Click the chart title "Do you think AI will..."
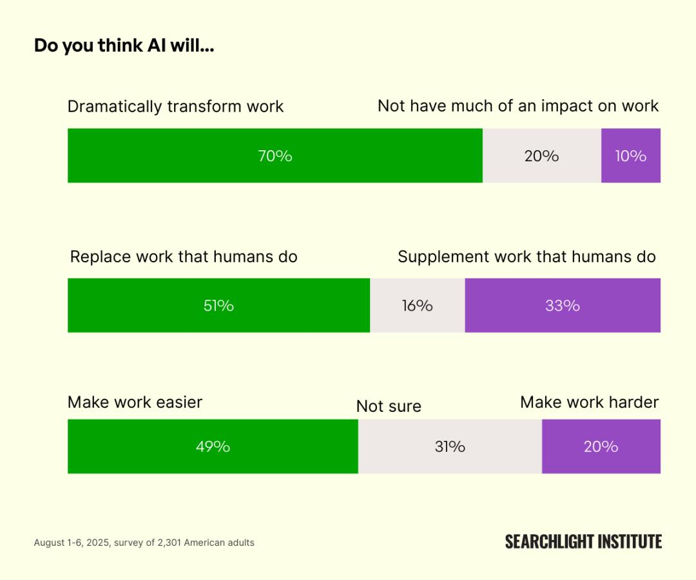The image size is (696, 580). click(124, 46)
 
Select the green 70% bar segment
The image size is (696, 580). click(275, 155)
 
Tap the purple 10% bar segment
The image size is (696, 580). click(630, 155)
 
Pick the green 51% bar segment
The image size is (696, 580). click(218, 305)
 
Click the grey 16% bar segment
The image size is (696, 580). click(417, 305)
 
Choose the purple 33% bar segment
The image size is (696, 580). click(562, 305)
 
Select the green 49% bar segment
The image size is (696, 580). click(213, 447)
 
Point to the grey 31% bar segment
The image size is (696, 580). click(449, 447)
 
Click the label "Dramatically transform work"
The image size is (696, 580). click(175, 106)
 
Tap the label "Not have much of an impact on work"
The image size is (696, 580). click(518, 106)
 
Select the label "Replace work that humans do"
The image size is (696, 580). click(184, 256)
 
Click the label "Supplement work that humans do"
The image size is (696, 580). click(527, 256)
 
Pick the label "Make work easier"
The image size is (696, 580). click(135, 402)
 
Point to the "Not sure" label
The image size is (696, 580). click(389, 406)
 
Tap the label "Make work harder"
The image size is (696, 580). click(589, 402)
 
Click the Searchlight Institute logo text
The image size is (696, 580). click(583, 541)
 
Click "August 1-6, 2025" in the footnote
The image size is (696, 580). click(70, 543)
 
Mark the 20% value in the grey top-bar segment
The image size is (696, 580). click(541, 155)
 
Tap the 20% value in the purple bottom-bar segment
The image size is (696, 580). click(601, 447)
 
